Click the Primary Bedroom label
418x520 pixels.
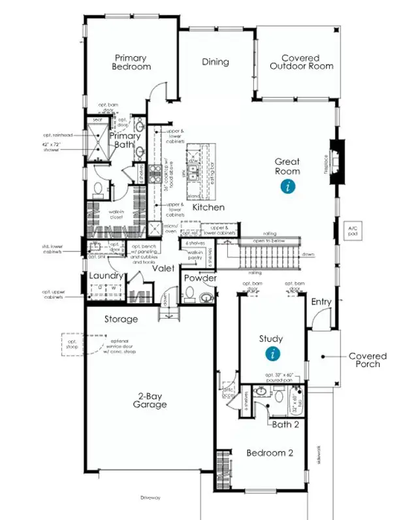[x=131, y=62]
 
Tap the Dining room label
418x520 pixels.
[x=216, y=62]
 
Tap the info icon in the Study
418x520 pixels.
[x=271, y=354]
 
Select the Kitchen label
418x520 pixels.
[x=208, y=207]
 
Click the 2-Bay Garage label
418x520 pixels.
[x=151, y=400]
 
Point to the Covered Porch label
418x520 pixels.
[x=367, y=360]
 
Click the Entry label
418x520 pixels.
[x=321, y=301]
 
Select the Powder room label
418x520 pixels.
[x=200, y=278]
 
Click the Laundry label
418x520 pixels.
[x=106, y=276]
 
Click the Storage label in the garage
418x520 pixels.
[x=121, y=319]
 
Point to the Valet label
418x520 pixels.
[x=163, y=268]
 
